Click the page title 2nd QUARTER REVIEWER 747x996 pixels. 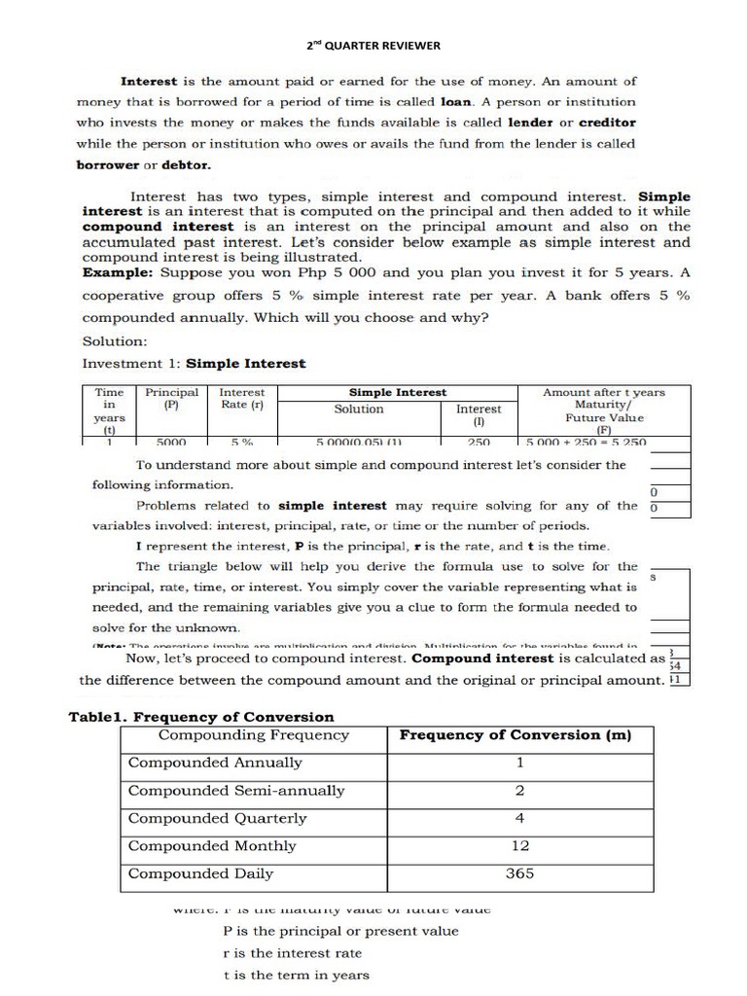(374, 46)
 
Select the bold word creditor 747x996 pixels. (607, 123)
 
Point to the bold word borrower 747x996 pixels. (108, 164)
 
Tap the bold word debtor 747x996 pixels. (186, 164)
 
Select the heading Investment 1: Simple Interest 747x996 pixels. (194, 364)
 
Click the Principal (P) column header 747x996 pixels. (172, 399)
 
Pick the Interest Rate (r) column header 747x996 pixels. (243, 399)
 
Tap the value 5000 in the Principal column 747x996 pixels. (171, 442)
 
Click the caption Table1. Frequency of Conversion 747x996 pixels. (201, 717)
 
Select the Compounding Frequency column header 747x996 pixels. (253, 735)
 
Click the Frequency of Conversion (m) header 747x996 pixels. (516, 735)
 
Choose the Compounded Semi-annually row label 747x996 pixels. (236, 791)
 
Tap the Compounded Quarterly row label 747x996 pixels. (217, 818)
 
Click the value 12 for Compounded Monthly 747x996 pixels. (520, 846)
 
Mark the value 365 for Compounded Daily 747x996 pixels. (520, 873)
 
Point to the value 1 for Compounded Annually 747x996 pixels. (520, 764)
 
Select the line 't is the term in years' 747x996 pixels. (296, 976)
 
